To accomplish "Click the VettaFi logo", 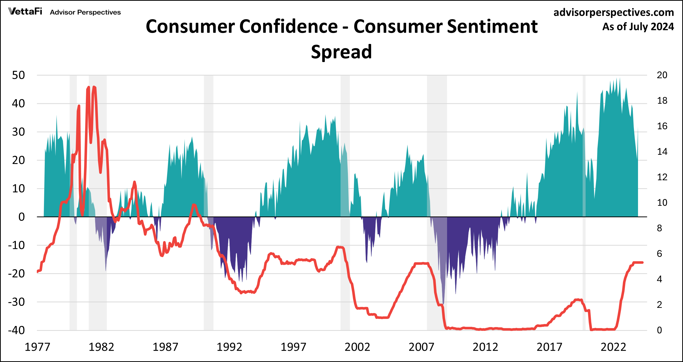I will (x=25, y=11).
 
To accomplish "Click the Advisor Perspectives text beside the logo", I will (x=85, y=13).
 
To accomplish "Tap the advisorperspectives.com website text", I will (x=613, y=13).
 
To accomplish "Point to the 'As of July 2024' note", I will (x=638, y=27).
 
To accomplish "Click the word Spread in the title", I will (x=341, y=52).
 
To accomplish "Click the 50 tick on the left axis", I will (x=19, y=75).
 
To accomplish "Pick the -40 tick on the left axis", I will (x=16, y=330).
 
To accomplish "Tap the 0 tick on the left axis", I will (x=22, y=217).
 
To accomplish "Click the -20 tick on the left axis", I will (x=16, y=274).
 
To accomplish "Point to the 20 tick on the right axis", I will (x=662, y=75).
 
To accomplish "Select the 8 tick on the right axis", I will (x=659, y=228).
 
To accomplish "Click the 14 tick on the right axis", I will (x=662, y=152).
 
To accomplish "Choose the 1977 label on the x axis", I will (x=37, y=347).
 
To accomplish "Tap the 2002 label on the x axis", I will (x=357, y=347).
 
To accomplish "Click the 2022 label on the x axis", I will (x=613, y=347).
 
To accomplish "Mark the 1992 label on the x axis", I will (x=229, y=347).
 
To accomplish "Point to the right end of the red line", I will (x=642, y=262).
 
